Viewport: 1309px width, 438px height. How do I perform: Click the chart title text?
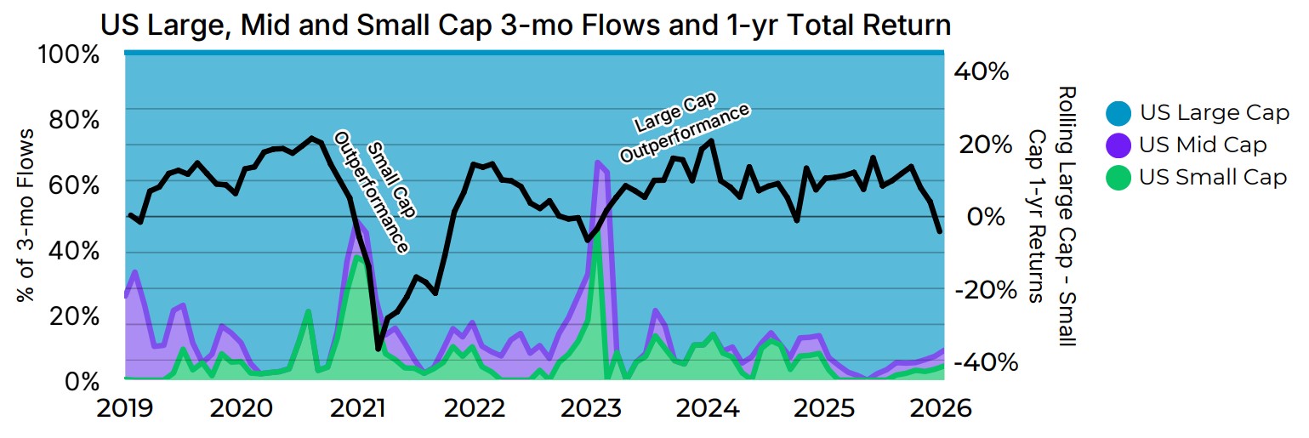coord(525,25)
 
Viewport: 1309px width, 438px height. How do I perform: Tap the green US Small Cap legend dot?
coord(1118,177)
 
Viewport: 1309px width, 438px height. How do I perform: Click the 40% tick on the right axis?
coord(982,71)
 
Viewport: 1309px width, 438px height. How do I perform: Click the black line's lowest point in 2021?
coord(378,348)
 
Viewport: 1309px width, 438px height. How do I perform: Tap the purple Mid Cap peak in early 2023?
coord(598,162)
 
